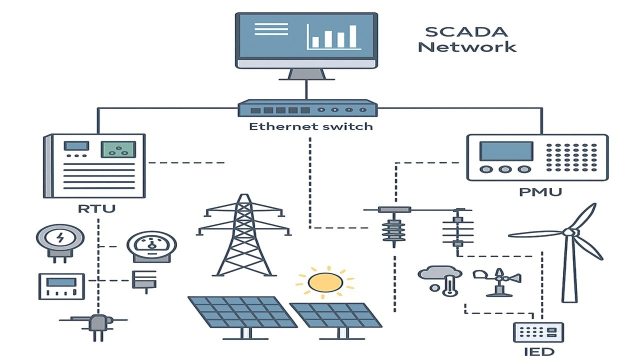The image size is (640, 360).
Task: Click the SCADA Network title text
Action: tap(467, 39)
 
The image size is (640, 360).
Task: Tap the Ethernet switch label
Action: tap(310, 126)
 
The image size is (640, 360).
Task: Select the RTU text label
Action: tap(96, 208)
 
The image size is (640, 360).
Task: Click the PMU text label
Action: tap(540, 191)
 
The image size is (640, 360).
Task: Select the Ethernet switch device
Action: tap(307, 108)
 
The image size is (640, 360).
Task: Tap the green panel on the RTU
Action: tap(118, 149)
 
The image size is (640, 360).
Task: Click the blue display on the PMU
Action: tap(505, 151)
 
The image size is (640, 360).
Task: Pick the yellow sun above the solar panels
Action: tap(325, 282)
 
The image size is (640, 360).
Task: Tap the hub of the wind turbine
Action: tap(568, 232)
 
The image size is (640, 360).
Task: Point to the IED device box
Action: tap(538, 332)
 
